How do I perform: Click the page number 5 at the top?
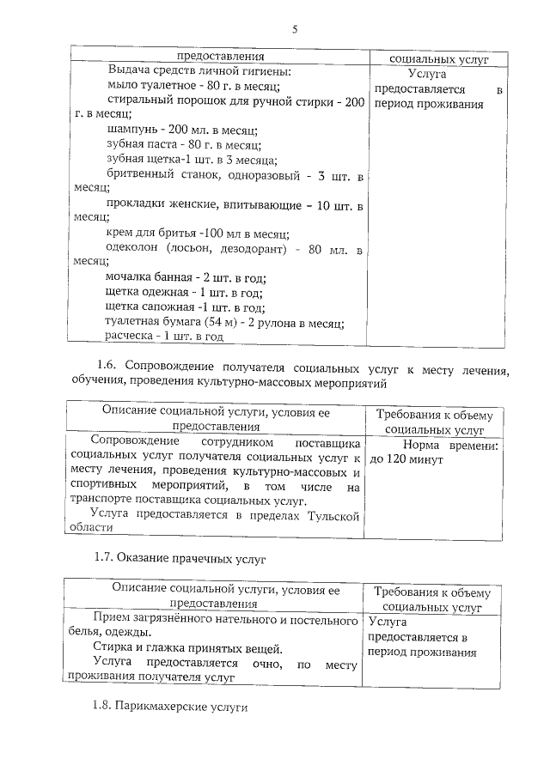click(x=294, y=29)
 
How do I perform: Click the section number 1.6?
click(x=105, y=370)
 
